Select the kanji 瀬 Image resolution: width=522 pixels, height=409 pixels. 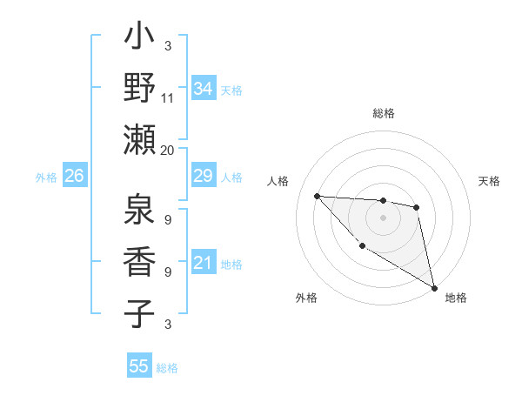[x=139, y=139]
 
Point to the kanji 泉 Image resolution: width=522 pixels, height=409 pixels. [x=139, y=211]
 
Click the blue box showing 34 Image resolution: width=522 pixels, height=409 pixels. [x=204, y=88]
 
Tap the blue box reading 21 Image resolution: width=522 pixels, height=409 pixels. [x=204, y=264]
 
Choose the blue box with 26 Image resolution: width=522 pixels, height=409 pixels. [x=75, y=177]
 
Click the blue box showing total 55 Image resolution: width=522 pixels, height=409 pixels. [x=139, y=366]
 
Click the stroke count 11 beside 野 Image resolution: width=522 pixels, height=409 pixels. [x=168, y=97]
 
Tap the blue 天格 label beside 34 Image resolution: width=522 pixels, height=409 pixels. [x=231, y=90]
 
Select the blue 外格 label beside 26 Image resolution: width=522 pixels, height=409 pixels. [x=46, y=178]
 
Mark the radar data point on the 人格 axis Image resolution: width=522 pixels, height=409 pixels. [x=317, y=196]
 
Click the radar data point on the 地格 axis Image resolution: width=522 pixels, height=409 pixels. [x=435, y=287]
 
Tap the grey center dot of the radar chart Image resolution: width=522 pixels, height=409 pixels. [x=383, y=218]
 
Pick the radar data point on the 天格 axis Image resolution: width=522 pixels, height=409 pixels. [x=417, y=207]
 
